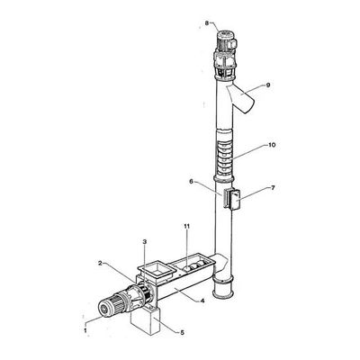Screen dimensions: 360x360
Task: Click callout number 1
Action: click(x=85, y=330)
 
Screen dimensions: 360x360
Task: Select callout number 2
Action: click(x=101, y=263)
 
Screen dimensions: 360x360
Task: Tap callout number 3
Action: click(x=145, y=241)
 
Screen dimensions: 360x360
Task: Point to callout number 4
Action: click(x=202, y=301)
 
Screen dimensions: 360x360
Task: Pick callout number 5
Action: click(x=182, y=332)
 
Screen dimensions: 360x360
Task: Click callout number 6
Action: click(x=191, y=182)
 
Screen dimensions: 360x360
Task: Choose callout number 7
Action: click(x=273, y=188)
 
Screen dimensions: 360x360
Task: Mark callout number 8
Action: click(x=207, y=22)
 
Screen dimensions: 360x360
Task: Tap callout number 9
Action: click(x=268, y=85)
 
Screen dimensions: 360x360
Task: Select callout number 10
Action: click(x=272, y=145)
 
